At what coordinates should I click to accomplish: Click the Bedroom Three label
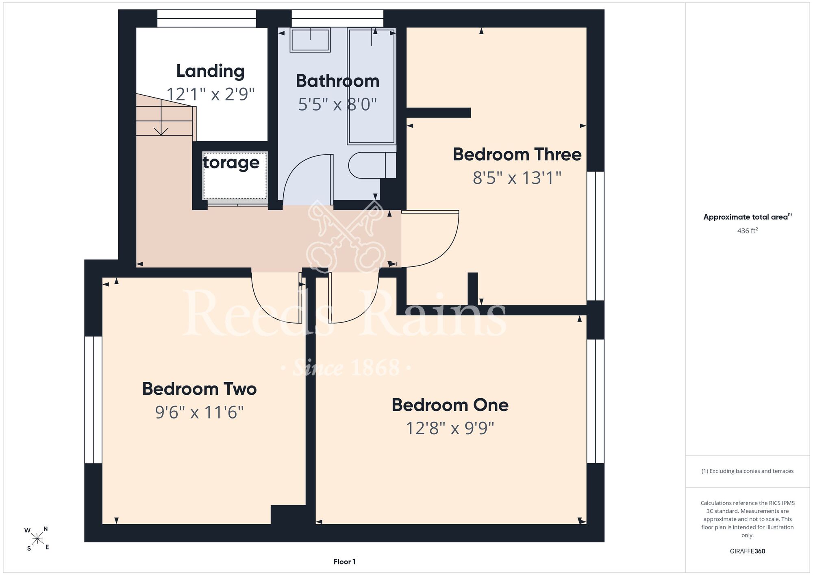point(517,155)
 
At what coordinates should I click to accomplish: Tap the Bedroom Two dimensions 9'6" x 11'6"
point(199,412)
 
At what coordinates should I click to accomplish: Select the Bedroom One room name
point(450,405)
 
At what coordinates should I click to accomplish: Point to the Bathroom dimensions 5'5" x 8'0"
point(337,105)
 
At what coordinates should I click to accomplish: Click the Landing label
point(210,72)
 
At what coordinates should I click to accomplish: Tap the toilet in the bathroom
point(372,165)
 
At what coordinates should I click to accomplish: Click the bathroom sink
point(310,40)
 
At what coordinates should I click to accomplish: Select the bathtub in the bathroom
point(372,86)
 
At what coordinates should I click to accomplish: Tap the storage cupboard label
point(231,163)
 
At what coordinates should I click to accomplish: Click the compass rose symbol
point(37,539)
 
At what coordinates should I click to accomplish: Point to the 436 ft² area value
point(748,231)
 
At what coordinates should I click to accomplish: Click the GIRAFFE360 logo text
point(748,551)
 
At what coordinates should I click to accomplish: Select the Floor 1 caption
point(344,562)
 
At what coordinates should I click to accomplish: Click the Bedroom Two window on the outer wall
point(93,400)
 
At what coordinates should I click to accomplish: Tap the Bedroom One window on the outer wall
point(596,401)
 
